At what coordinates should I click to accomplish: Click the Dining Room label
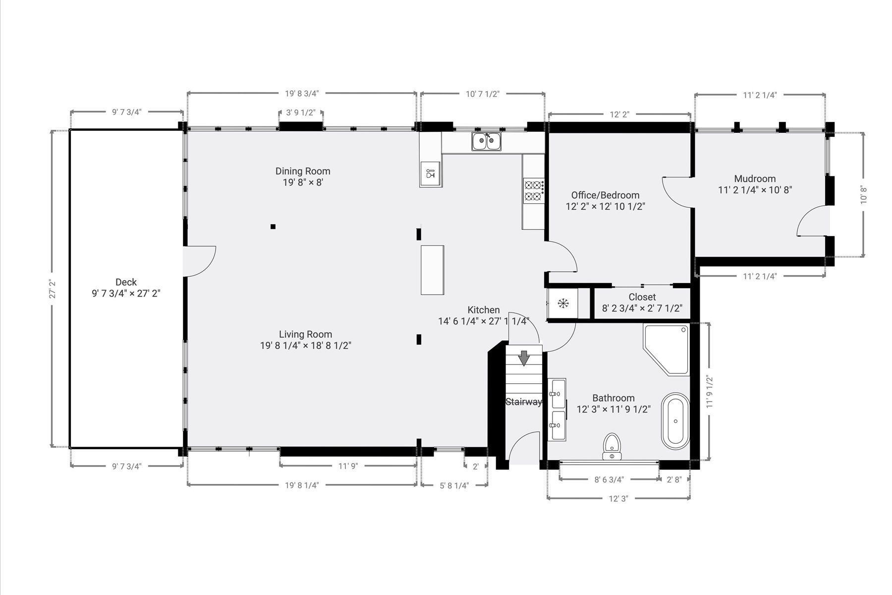pyautogui.click(x=303, y=171)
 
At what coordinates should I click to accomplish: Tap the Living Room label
pyautogui.click(x=305, y=334)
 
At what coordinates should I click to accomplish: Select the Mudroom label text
pyautogui.click(x=755, y=178)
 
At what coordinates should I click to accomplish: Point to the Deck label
pyautogui.click(x=126, y=282)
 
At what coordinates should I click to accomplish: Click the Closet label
pyautogui.click(x=642, y=297)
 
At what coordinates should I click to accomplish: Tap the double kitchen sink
pyautogui.click(x=486, y=141)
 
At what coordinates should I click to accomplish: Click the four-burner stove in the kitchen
pyautogui.click(x=534, y=191)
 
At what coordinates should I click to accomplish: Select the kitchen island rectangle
pyautogui.click(x=432, y=270)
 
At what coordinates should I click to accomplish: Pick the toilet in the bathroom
pyautogui.click(x=612, y=446)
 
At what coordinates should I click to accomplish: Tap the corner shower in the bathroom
pyautogui.click(x=667, y=349)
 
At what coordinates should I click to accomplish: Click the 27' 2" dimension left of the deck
pyautogui.click(x=52, y=289)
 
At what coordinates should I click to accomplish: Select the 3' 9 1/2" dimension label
pyautogui.click(x=301, y=113)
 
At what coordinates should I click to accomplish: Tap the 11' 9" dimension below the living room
pyautogui.click(x=348, y=466)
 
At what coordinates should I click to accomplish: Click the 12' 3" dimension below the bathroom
pyautogui.click(x=618, y=499)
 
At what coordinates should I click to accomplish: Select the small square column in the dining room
pyautogui.click(x=273, y=227)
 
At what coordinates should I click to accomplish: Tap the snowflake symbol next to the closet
pyautogui.click(x=563, y=303)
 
